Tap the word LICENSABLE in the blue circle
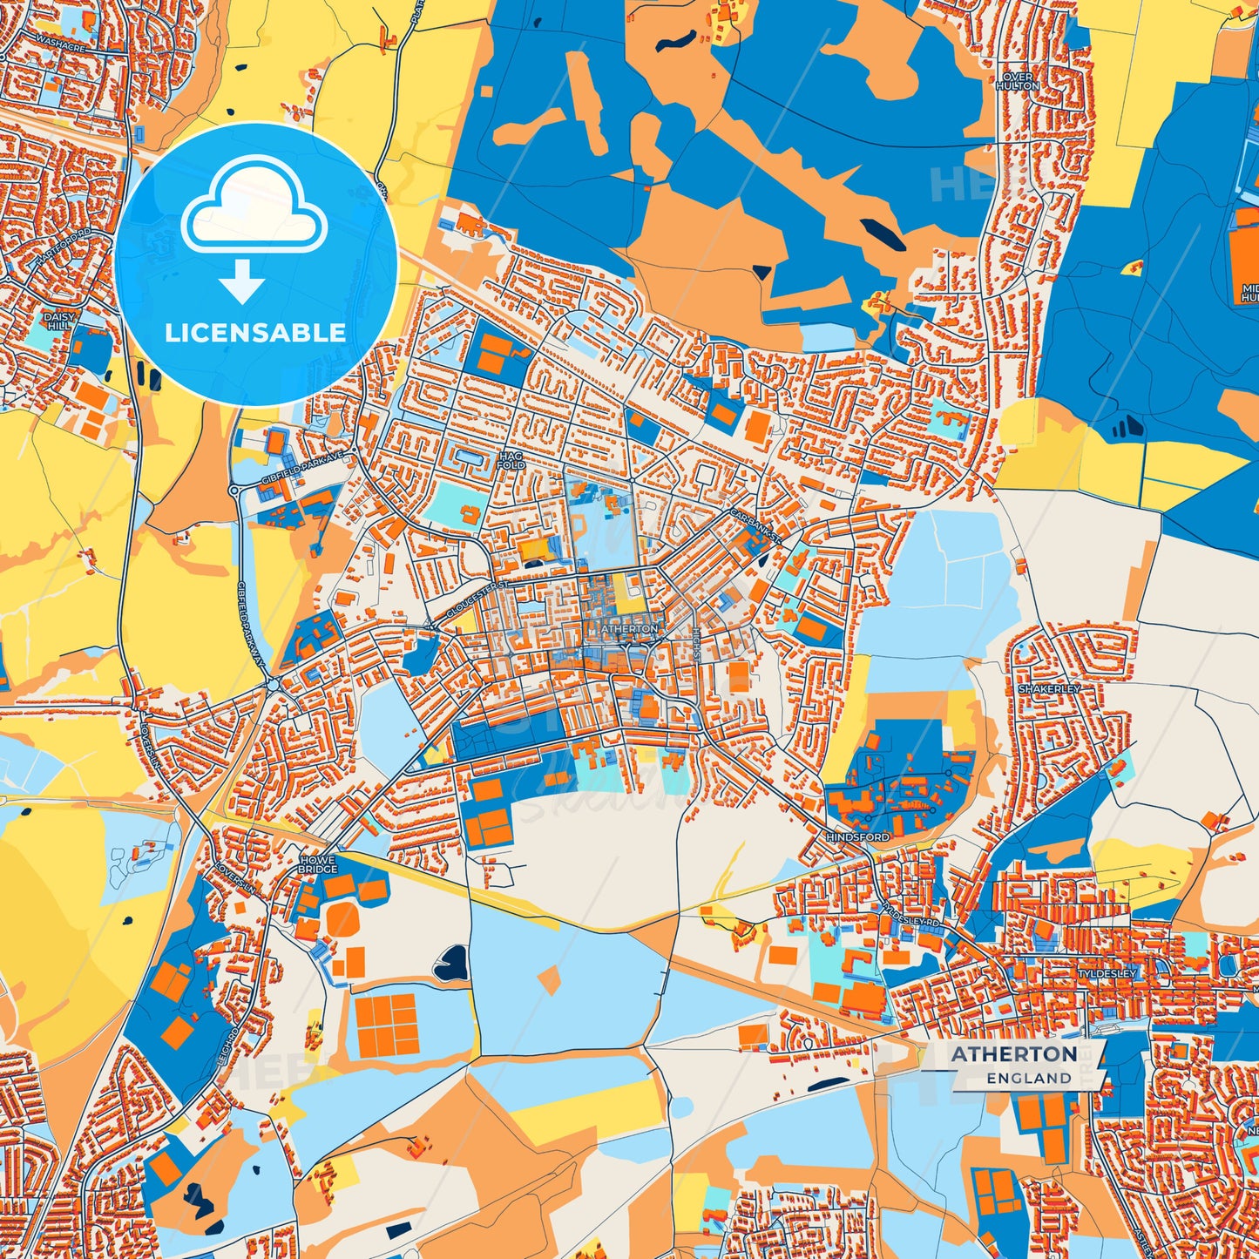click(x=255, y=332)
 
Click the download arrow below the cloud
click(x=241, y=281)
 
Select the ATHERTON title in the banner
click(x=1013, y=1053)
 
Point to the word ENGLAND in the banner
click(x=1029, y=1078)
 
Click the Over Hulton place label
click(x=1016, y=81)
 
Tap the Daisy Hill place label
click(x=60, y=321)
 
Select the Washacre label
click(x=60, y=44)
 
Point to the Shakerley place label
click(x=1049, y=688)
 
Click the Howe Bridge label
click(x=317, y=863)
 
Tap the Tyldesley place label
click(x=1107, y=972)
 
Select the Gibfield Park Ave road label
click(x=297, y=463)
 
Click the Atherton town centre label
click(x=630, y=628)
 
